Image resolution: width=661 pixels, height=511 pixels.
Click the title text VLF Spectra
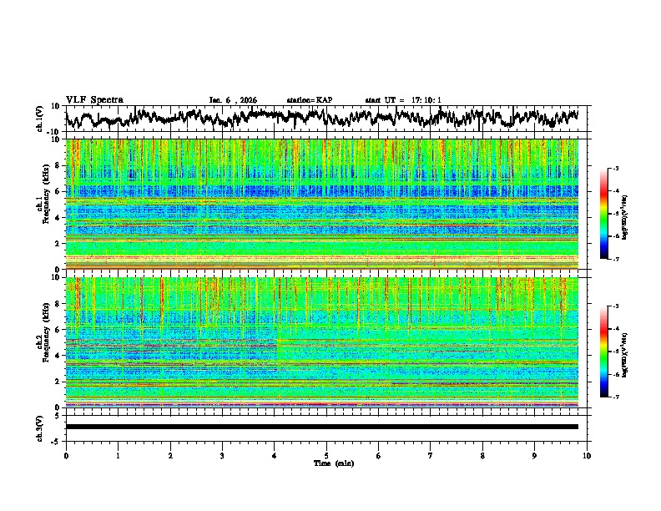(94, 99)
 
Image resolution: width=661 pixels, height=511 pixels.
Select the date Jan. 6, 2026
(233, 100)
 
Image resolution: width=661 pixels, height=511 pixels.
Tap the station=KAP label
(309, 100)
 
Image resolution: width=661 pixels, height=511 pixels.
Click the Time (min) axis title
(326, 463)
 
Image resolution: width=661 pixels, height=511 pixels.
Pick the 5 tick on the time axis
(326, 456)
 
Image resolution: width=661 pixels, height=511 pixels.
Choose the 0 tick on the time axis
(66, 456)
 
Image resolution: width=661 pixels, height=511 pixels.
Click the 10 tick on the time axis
(587, 456)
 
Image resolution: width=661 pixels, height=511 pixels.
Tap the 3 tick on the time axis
(222, 456)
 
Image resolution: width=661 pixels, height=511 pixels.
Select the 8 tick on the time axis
(482, 456)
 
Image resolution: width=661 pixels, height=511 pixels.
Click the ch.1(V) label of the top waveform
(40, 119)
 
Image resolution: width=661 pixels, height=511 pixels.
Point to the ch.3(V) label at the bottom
(40, 427)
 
